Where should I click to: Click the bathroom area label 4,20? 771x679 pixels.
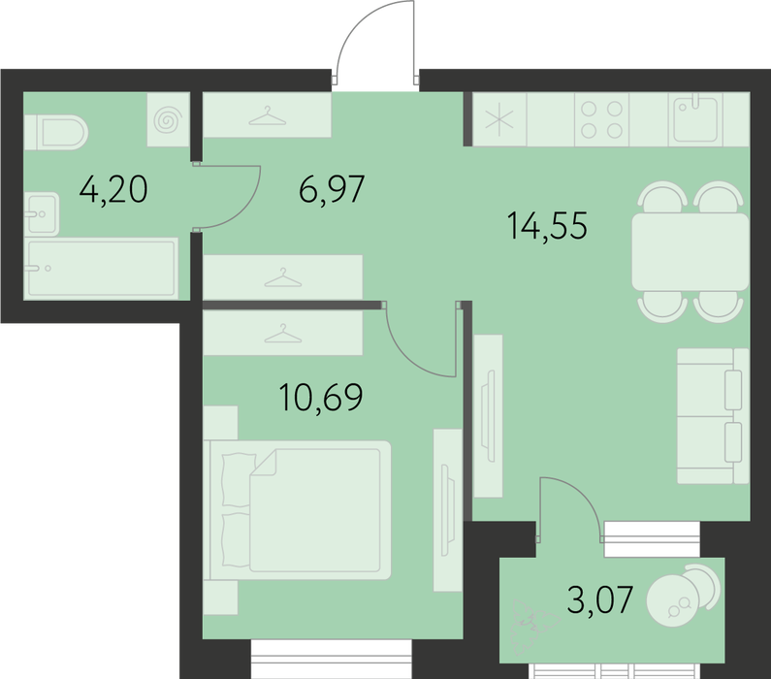(x=113, y=190)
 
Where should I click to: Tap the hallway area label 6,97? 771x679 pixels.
(x=332, y=189)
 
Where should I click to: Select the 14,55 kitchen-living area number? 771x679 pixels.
(x=547, y=226)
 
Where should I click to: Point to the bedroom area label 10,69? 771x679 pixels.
(x=321, y=397)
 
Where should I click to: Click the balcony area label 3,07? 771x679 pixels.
(x=599, y=599)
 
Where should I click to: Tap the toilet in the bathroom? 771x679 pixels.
(x=55, y=132)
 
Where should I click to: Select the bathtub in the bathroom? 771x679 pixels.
(x=101, y=269)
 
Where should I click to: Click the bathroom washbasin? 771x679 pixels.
(x=42, y=213)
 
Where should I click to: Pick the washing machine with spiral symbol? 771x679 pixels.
(x=168, y=119)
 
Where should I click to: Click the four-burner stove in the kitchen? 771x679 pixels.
(x=601, y=119)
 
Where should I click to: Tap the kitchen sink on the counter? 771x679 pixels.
(x=695, y=119)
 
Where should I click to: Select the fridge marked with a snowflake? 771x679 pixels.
(x=499, y=119)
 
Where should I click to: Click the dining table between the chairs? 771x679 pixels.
(x=690, y=252)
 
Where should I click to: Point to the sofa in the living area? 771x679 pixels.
(x=713, y=416)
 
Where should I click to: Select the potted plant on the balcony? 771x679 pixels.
(x=534, y=626)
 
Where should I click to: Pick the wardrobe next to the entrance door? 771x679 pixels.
(x=267, y=115)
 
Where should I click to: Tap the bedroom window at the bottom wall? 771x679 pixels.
(x=331, y=659)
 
